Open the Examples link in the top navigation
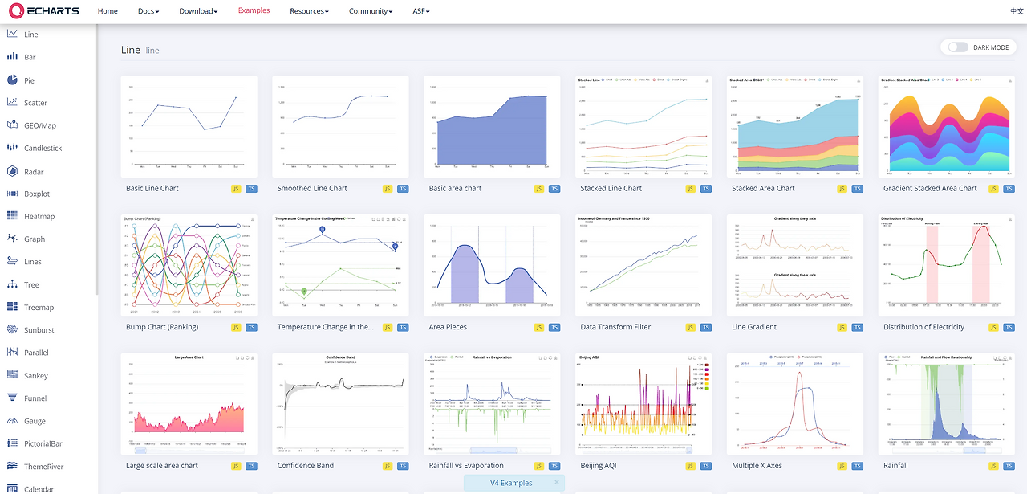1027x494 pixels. [254, 11]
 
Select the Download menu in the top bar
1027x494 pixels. [198, 11]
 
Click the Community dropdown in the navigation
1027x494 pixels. [370, 11]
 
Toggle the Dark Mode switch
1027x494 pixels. [958, 47]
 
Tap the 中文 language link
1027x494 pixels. [1017, 11]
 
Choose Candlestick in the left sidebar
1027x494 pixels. [43, 149]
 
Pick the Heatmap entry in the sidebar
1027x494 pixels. [39, 217]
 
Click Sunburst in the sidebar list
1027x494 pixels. [39, 330]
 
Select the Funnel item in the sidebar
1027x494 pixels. [35, 398]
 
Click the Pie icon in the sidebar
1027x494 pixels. [13, 80]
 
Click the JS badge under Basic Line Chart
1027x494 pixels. [236, 189]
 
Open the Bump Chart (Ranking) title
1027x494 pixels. [162, 327]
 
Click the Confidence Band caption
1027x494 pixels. [305, 466]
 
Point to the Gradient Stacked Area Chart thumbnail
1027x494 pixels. [946, 127]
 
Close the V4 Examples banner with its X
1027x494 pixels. [557, 483]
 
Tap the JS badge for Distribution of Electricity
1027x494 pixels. [993, 328]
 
